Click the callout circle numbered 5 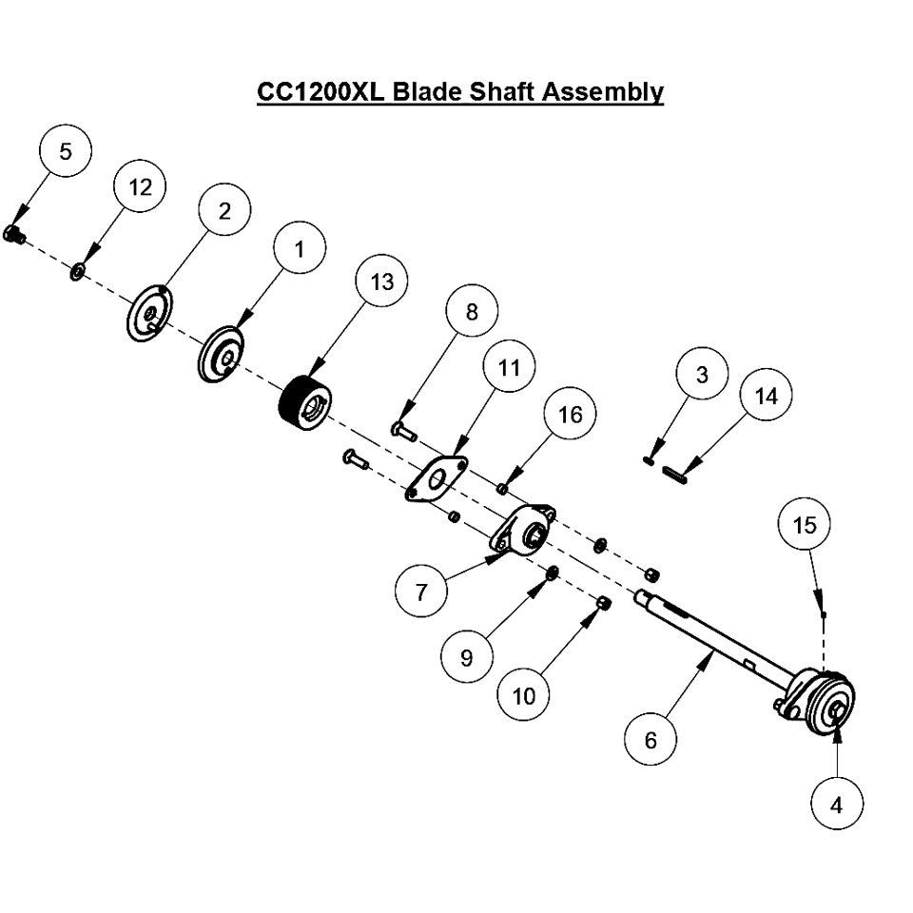pyautogui.click(x=65, y=151)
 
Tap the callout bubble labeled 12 pyautogui.click(x=140, y=187)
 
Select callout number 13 pyautogui.click(x=381, y=282)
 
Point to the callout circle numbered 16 pyautogui.click(x=570, y=415)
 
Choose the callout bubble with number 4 pyautogui.click(x=837, y=805)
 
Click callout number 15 pyautogui.click(x=805, y=525)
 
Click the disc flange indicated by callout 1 pyautogui.click(x=223, y=355)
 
